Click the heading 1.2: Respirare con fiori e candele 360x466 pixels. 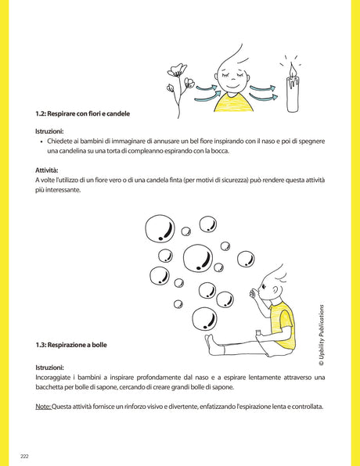(77, 113)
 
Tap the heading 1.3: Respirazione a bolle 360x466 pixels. (71, 344)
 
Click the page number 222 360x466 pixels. (25, 455)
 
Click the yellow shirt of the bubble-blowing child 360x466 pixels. (282, 324)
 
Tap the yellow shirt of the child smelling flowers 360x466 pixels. (233, 102)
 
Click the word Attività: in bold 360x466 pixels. (47, 170)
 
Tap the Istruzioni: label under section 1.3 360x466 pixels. (49, 367)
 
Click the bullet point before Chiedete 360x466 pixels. (41, 142)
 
